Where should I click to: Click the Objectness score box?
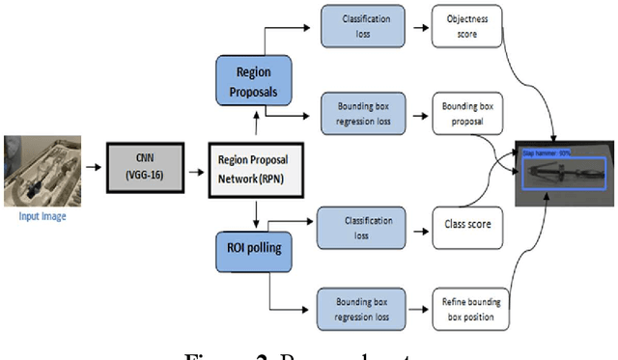pyautogui.click(x=468, y=29)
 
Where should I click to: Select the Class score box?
pyautogui.click(x=466, y=225)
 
